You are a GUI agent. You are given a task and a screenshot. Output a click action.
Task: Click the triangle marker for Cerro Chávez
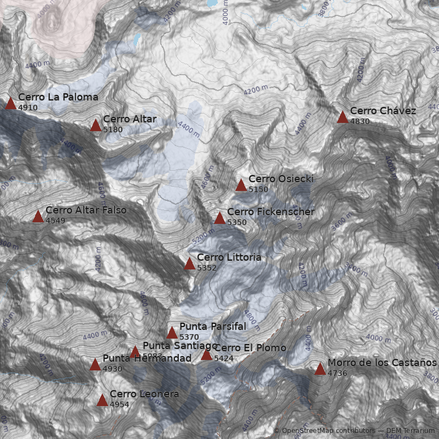coord(343,117)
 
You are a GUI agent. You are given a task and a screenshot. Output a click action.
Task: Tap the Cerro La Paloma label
coord(58,97)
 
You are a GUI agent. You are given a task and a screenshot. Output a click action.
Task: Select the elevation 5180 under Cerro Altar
coord(112,130)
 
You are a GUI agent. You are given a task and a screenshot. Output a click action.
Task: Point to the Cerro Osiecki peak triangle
coord(241,185)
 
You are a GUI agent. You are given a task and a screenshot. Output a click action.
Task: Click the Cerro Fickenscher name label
coord(271,212)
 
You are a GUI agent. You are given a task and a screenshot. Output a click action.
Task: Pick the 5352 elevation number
coord(207,268)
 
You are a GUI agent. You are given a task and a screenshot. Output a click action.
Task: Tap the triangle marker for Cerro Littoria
coord(189,264)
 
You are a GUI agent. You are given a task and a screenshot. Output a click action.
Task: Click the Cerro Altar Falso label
coord(86,210)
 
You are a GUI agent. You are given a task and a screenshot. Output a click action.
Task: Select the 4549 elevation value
coord(55,221)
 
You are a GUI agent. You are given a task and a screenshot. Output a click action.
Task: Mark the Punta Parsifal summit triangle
coord(172,333)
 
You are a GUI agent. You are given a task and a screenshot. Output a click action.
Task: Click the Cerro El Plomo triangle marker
coord(206,354)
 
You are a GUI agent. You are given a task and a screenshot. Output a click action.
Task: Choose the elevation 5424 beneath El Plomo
coord(224,358)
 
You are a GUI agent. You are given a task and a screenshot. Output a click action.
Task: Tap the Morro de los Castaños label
coord(382,363)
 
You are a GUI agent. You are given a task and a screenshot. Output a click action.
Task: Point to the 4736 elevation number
coord(337,373)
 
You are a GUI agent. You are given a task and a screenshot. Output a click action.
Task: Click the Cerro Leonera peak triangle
coord(102,400)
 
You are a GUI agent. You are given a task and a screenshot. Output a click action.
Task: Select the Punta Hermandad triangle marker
coord(95,364)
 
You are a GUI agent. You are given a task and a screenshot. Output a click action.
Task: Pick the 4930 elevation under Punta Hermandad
coord(112,369)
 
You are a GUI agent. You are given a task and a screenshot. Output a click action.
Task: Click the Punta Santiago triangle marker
coord(135,352)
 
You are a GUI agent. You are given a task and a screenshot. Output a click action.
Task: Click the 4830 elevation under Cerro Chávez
coord(360,121)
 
